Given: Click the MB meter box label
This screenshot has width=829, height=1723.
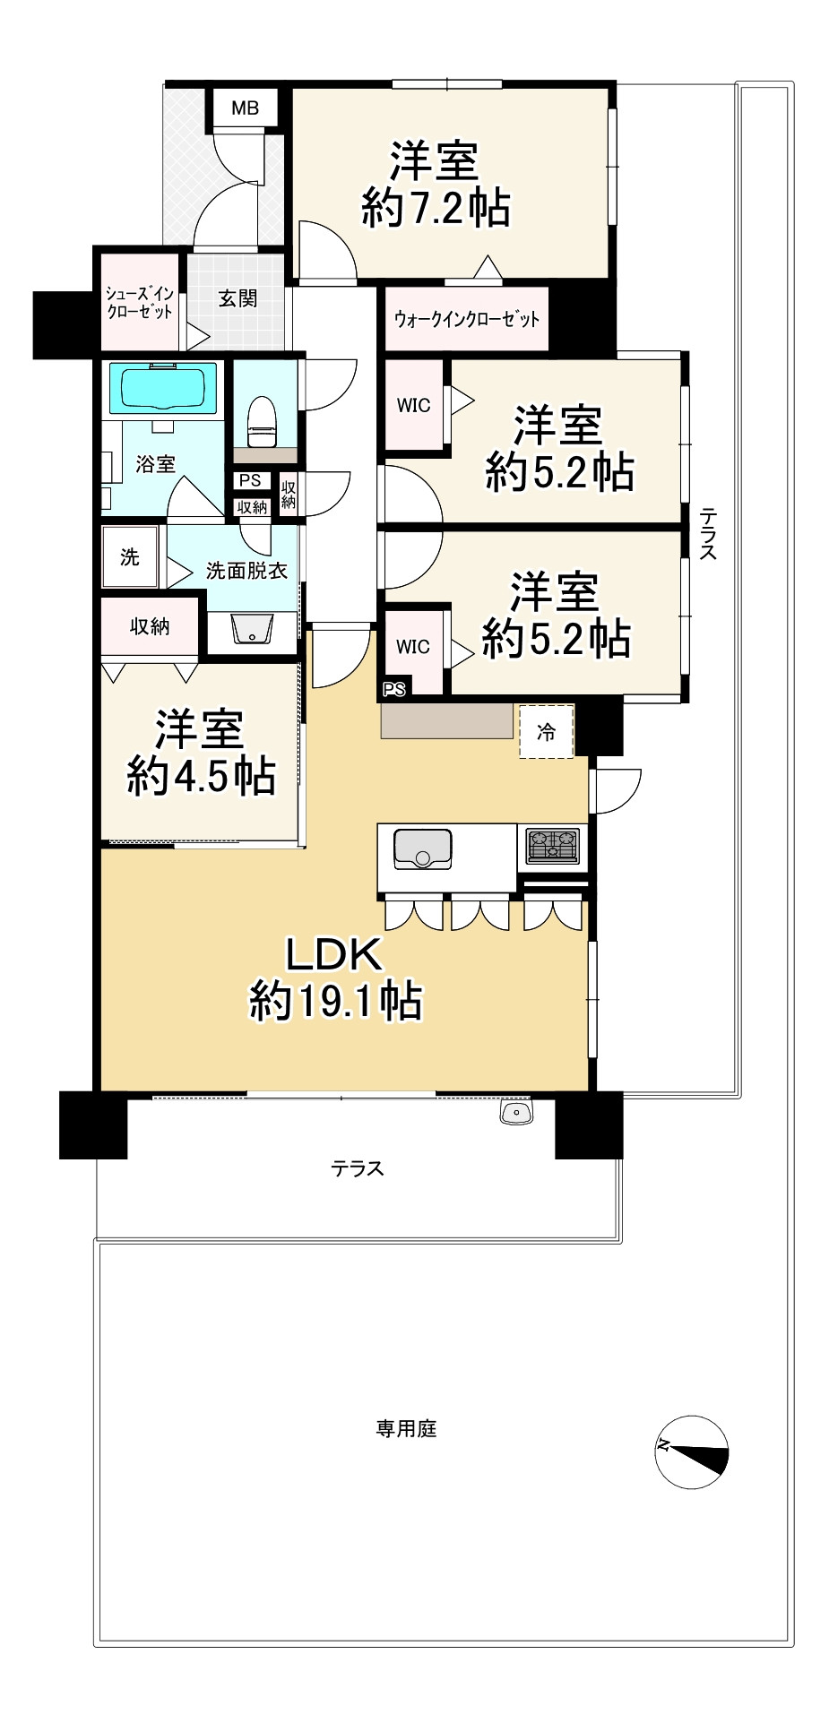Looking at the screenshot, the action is tap(245, 108).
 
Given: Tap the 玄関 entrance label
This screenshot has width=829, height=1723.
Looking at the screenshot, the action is tap(237, 297).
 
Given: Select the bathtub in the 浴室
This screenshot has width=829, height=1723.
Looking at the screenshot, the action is tap(163, 389).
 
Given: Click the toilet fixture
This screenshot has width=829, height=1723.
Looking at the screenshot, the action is tap(263, 421).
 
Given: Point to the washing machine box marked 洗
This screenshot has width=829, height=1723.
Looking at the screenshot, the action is tap(130, 557).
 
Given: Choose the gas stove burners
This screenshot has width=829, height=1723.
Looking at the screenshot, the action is tap(552, 846).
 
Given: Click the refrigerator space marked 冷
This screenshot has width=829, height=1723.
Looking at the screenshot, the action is tap(546, 732).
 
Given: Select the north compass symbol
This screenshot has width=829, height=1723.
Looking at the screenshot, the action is tap(691, 1452).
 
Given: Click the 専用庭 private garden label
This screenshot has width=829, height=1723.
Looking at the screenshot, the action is tap(406, 1428).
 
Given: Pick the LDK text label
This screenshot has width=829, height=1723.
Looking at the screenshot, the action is tap(334, 955).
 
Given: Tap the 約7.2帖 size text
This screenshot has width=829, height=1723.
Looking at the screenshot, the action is tap(436, 209).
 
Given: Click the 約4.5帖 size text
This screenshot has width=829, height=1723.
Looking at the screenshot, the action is tap(201, 775).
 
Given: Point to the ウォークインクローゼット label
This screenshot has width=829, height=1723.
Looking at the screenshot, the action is tap(467, 318).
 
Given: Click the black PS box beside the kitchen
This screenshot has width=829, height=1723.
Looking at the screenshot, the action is tap(394, 689).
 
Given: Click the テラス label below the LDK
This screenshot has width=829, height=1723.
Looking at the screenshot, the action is tap(357, 1168).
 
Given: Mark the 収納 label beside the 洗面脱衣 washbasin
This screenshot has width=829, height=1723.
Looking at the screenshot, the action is tap(150, 626).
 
